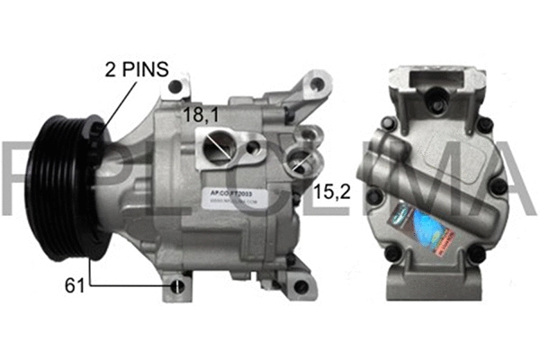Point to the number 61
[x=74, y=287]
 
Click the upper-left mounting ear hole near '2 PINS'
[x=175, y=86]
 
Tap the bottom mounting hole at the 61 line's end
[x=178, y=287]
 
